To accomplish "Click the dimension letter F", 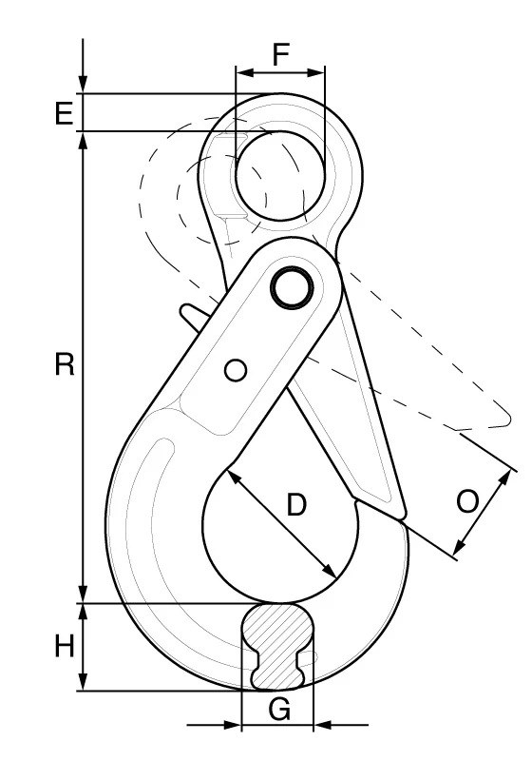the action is pos(281,54).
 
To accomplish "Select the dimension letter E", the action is pos(64,114).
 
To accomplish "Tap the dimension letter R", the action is pos(65,364).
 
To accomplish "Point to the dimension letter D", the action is pos(296,504).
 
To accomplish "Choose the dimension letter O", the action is pos(467,502).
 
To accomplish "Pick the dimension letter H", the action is pos(64,647).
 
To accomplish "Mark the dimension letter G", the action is pos(279,710).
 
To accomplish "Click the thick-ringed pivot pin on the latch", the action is pos(293,286).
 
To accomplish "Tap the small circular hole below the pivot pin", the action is pos(236,370).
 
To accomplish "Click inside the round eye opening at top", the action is pos(280,176).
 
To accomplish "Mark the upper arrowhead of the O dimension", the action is pos(505,479).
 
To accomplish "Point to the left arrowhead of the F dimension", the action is pos(246,73).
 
